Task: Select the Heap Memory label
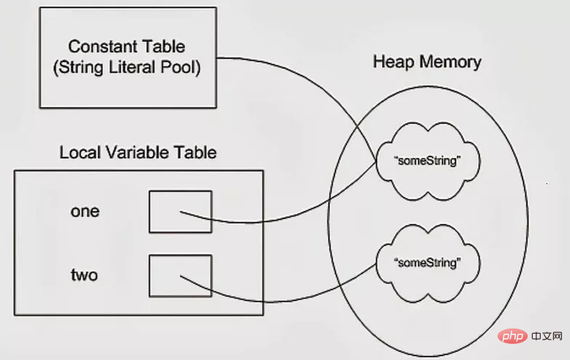[x=427, y=62]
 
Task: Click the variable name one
[x=85, y=212]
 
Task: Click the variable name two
[x=84, y=275]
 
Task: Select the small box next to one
[x=180, y=212]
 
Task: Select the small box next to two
[x=180, y=276]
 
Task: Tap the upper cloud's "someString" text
[x=427, y=161]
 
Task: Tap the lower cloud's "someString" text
[x=427, y=263]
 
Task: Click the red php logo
[x=513, y=337]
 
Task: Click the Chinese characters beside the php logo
[x=547, y=337]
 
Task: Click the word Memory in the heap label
[x=451, y=62]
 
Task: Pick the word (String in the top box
[x=78, y=68]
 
